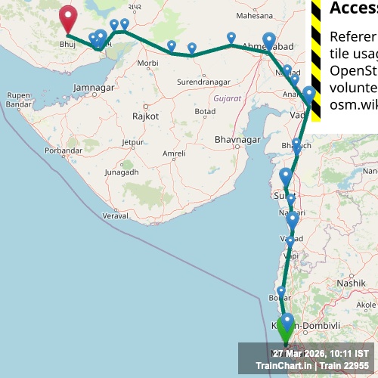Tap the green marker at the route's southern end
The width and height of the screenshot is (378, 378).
(x=286, y=327)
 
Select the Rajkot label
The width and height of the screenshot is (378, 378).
(x=145, y=116)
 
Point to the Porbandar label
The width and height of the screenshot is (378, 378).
(x=62, y=150)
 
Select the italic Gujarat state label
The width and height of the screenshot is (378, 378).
(x=227, y=99)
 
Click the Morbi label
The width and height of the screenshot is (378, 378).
(x=149, y=63)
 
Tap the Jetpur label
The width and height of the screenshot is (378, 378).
(x=133, y=141)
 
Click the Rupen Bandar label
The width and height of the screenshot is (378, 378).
(x=18, y=99)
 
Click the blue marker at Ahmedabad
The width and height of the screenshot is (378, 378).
(x=269, y=41)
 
